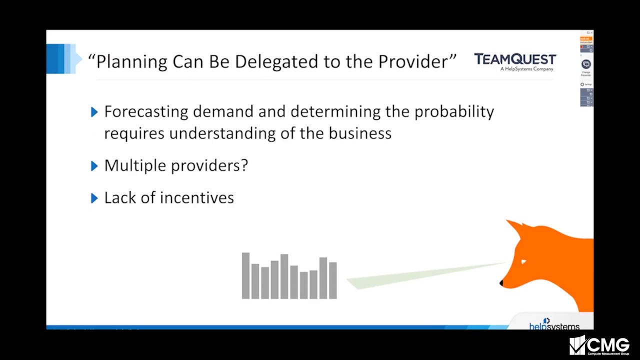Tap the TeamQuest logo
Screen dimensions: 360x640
(515, 61)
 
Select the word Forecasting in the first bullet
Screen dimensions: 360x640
(146, 112)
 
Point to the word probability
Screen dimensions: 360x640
(454, 112)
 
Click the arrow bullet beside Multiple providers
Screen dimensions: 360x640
(94, 166)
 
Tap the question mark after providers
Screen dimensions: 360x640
(244, 165)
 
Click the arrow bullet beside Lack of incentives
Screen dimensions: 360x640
(94, 198)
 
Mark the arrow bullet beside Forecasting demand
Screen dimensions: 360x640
(94, 112)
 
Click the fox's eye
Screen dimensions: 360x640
(523, 261)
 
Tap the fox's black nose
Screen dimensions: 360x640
(501, 283)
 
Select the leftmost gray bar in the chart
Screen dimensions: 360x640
(245, 276)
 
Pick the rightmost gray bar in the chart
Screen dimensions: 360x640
(333, 280)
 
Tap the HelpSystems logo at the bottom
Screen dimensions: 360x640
(554, 325)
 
